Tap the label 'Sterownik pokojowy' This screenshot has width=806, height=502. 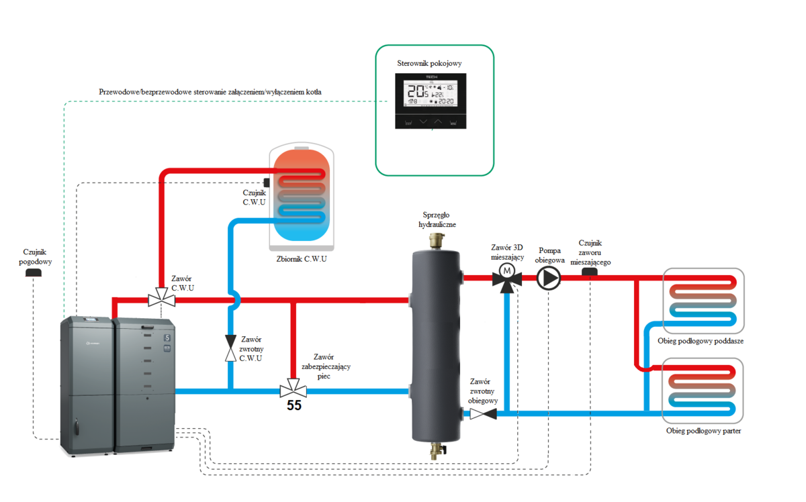[434, 64]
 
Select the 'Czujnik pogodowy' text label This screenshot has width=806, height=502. [35, 257]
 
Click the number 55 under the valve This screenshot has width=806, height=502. [294, 405]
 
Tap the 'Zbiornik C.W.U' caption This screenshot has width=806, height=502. [302, 258]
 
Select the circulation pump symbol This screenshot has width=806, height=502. [548, 277]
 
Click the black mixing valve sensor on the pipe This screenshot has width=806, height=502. [590, 271]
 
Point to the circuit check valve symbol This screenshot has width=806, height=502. [482, 414]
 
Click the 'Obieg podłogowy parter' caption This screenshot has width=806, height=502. [703, 430]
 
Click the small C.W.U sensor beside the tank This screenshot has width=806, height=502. [267, 183]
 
